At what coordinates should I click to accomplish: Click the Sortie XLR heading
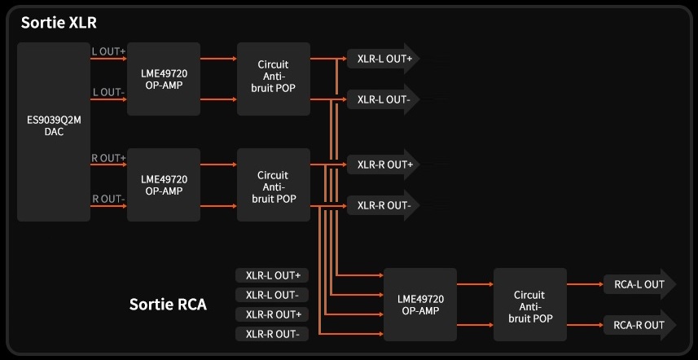[x=58, y=23]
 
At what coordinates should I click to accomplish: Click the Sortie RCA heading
[x=168, y=305]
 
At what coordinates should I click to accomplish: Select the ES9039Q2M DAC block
[x=54, y=131]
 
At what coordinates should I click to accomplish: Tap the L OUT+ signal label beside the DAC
[x=108, y=51]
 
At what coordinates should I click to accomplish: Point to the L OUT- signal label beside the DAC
[x=108, y=93]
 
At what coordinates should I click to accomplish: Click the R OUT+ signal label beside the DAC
[x=108, y=157]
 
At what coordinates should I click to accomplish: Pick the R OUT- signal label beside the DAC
[x=108, y=199]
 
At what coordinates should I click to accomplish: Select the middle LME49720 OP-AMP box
[x=164, y=184]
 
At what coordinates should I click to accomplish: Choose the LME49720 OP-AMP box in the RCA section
[x=419, y=305]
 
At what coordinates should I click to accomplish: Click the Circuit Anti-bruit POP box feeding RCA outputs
[x=529, y=305]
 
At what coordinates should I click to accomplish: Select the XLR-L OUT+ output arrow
[x=384, y=58]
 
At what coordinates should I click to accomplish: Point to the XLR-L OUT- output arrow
[x=384, y=99]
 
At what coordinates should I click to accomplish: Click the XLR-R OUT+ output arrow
[x=384, y=164]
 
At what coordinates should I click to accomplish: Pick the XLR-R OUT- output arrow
[x=384, y=205]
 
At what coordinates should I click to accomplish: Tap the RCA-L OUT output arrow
[x=639, y=284]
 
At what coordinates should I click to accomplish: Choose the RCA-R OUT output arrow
[x=639, y=325]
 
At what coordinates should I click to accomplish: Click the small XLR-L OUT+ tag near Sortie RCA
[x=272, y=275]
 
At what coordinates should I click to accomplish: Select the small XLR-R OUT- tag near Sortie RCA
[x=272, y=334]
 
